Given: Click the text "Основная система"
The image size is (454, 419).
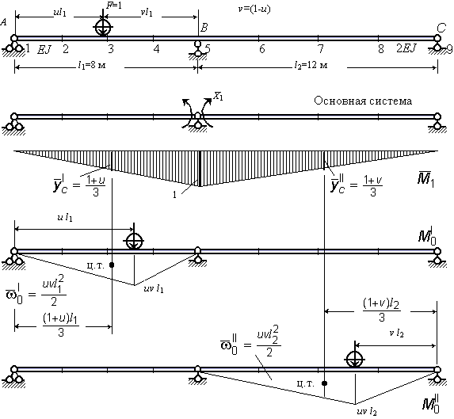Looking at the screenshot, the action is coord(363,101).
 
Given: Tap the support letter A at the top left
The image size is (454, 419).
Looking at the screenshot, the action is coord(4,22).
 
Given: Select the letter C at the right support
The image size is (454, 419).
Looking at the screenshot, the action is coord(441,28).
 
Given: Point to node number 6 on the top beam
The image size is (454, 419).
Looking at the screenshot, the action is coord(261,49).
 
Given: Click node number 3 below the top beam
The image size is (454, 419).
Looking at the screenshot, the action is coord(111,49).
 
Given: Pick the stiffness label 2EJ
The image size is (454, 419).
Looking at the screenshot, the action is coord(406,48).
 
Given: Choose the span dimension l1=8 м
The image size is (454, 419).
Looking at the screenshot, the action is coord(92,66).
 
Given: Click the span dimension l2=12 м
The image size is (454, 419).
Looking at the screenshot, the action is coord(311,66).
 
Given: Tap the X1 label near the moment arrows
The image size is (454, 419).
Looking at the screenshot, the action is coord(218,96).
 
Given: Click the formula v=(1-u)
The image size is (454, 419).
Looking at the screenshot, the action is coord(254,10).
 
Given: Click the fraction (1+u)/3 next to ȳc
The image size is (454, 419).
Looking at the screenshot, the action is coord(96,187).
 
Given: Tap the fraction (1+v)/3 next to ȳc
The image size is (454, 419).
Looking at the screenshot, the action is coord(373,187).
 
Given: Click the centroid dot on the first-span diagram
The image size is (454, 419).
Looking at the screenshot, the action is coord(112,265).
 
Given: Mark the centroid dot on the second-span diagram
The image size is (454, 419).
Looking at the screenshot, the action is coord(325,383).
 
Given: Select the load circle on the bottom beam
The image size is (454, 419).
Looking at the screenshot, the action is coord(355,359).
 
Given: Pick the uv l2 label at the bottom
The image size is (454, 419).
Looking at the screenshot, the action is coord(367,412).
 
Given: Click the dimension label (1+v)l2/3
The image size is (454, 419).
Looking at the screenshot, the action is coord(382,310).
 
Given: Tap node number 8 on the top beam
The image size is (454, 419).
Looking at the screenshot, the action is coord(381,49).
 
